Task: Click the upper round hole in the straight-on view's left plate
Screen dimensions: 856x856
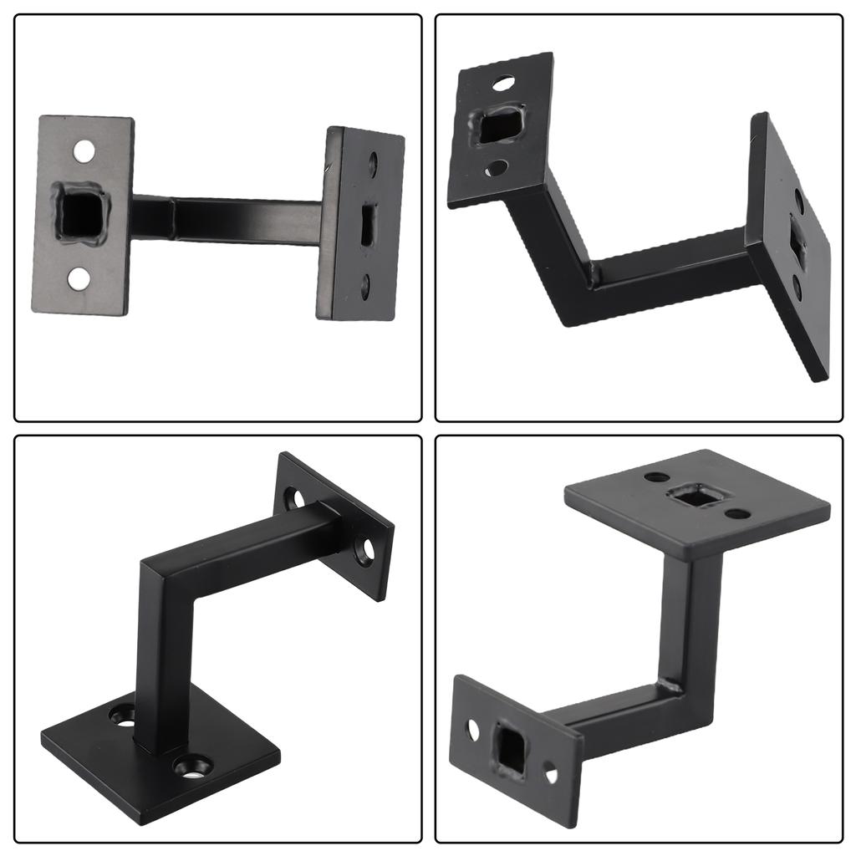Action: click(x=84, y=151)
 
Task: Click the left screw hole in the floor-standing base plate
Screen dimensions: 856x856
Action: click(x=124, y=716)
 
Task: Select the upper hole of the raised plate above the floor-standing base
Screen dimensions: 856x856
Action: click(x=296, y=498)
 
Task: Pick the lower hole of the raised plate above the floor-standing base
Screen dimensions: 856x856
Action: click(x=364, y=549)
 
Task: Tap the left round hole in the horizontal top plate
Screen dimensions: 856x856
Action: click(x=652, y=479)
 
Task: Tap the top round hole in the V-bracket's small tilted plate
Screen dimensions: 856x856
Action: click(x=502, y=83)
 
